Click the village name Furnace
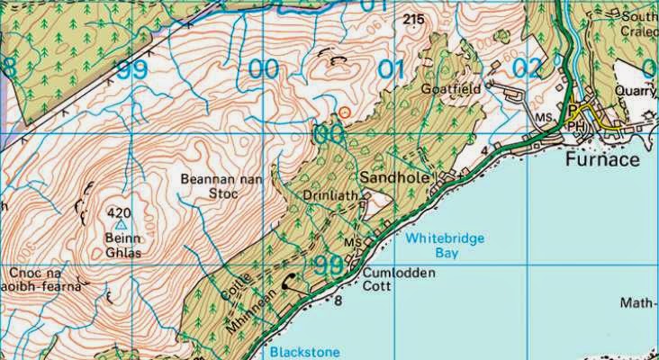click(603, 160)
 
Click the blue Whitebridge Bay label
click(444, 246)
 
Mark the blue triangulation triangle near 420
click(122, 226)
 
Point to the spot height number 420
click(119, 212)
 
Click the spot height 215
click(414, 19)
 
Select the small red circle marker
click(344, 112)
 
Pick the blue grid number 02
click(528, 68)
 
